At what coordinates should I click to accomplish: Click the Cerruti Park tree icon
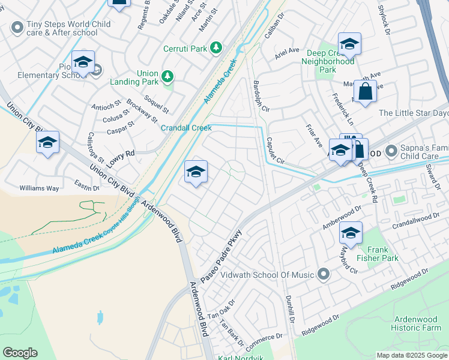[215, 48]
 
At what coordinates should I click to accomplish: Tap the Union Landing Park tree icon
[169, 77]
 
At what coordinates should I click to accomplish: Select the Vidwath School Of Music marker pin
[324, 275]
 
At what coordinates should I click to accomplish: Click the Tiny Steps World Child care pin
[16, 27]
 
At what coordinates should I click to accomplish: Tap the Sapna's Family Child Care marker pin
[391, 150]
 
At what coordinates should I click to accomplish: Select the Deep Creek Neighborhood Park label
[327, 61]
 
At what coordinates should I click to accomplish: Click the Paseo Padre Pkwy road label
[221, 257]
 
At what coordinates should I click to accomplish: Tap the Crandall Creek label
[186, 128]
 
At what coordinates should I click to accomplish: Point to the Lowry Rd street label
[122, 154]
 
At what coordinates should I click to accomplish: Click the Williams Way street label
[39, 188]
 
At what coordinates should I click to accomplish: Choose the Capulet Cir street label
[276, 152]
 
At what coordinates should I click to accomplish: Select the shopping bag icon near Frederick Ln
[365, 92]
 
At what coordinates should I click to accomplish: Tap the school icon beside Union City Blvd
[47, 143]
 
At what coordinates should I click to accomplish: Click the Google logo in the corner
[20, 353]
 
